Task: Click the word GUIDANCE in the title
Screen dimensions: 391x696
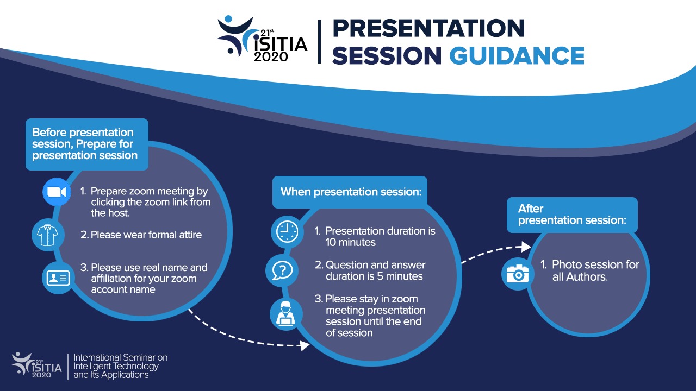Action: click(x=517, y=55)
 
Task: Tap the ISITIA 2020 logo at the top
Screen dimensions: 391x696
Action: click(x=262, y=40)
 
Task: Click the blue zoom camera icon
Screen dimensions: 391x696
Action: click(x=57, y=192)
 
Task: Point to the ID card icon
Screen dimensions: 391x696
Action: click(x=57, y=278)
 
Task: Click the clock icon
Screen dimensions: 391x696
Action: click(x=286, y=232)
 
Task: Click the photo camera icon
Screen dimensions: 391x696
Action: click(x=517, y=274)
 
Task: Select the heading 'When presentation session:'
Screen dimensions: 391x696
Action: click(x=350, y=192)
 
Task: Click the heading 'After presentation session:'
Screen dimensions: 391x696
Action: click(x=572, y=215)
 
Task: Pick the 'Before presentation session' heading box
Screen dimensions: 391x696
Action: click(x=86, y=144)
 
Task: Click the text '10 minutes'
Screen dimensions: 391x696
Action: click(x=351, y=243)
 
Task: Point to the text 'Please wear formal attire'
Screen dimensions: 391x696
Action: click(x=146, y=235)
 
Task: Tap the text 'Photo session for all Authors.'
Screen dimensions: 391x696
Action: click(x=595, y=270)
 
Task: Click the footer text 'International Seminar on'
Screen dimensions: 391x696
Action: click(x=121, y=357)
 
